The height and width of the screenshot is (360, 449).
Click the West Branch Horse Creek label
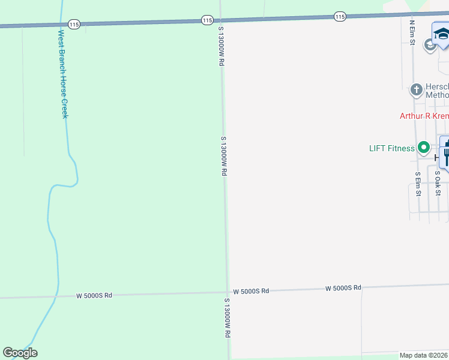62,74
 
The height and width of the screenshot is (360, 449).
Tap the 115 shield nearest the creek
74,24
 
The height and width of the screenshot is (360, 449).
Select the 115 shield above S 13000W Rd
207,20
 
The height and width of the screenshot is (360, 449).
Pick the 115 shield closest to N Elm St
340,17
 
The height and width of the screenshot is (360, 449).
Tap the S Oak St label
438,184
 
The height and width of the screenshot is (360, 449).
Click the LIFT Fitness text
391,148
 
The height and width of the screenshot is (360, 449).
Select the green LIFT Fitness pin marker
424,147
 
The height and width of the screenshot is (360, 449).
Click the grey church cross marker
416,90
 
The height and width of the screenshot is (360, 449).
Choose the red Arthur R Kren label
424,116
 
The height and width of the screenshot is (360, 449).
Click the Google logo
20,353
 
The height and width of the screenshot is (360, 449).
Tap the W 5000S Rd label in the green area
94,296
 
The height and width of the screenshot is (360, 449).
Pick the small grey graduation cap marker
430,45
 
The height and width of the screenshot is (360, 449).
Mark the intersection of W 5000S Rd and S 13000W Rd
228,293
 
